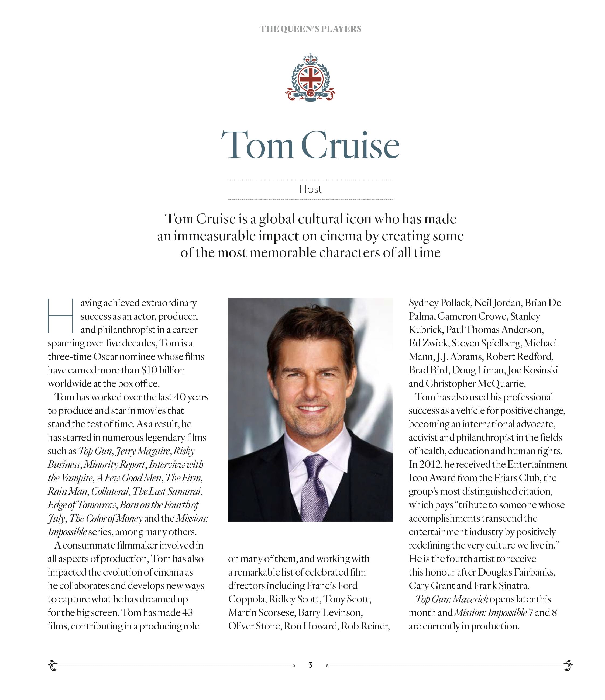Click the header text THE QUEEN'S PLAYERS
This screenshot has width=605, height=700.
point(310,29)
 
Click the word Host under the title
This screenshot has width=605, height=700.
point(310,189)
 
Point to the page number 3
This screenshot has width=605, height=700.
point(310,665)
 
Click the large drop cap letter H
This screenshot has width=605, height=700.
point(60,316)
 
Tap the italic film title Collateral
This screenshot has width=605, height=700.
point(110,491)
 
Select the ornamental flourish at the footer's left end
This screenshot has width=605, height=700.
point(53,666)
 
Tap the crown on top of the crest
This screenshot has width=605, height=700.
point(310,60)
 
